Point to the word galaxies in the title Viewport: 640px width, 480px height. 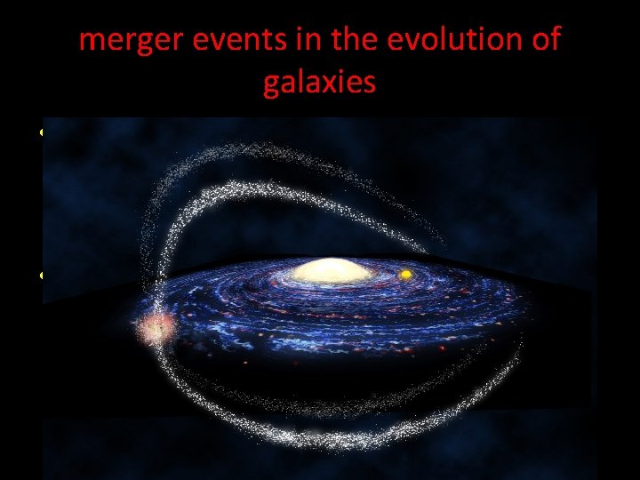320,83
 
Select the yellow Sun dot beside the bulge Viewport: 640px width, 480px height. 405,275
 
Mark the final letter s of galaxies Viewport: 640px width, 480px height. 369,84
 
